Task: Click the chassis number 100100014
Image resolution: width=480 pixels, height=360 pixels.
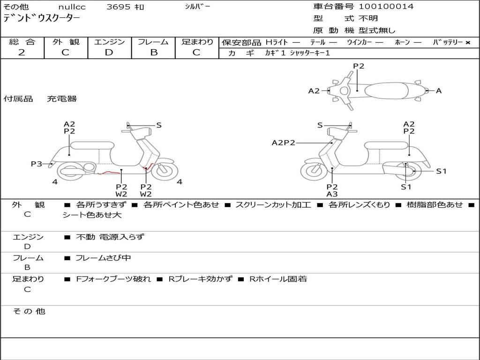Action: pyautogui.click(x=386, y=7)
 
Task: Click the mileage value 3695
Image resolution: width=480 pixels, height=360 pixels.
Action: pyautogui.click(x=119, y=7)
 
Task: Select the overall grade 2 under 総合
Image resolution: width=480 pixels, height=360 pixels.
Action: pyautogui.click(x=22, y=52)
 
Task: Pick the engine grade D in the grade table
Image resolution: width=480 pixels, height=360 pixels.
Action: pyautogui.click(x=109, y=52)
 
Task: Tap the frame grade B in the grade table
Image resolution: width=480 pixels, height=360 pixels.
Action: pyautogui.click(x=153, y=52)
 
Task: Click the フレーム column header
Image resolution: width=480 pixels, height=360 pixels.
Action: pyautogui.click(x=153, y=42)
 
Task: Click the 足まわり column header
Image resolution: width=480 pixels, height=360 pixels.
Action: pyautogui.click(x=197, y=42)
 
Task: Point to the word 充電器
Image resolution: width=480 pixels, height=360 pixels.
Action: pyautogui.click(x=62, y=99)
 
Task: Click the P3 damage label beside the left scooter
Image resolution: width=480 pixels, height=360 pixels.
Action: pyautogui.click(x=37, y=164)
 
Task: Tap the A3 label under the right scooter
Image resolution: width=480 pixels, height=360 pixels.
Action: pyautogui.click(x=332, y=194)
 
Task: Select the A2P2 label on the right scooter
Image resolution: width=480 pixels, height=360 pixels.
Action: pyautogui.click(x=283, y=142)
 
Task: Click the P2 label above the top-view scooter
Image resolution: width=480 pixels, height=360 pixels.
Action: pyautogui.click(x=359, y=66)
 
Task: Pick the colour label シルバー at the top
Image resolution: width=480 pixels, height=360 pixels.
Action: pyautogui.click(x=197, y=7)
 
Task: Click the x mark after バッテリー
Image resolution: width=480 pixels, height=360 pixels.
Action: pyautogui.click(x=468, y=43)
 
